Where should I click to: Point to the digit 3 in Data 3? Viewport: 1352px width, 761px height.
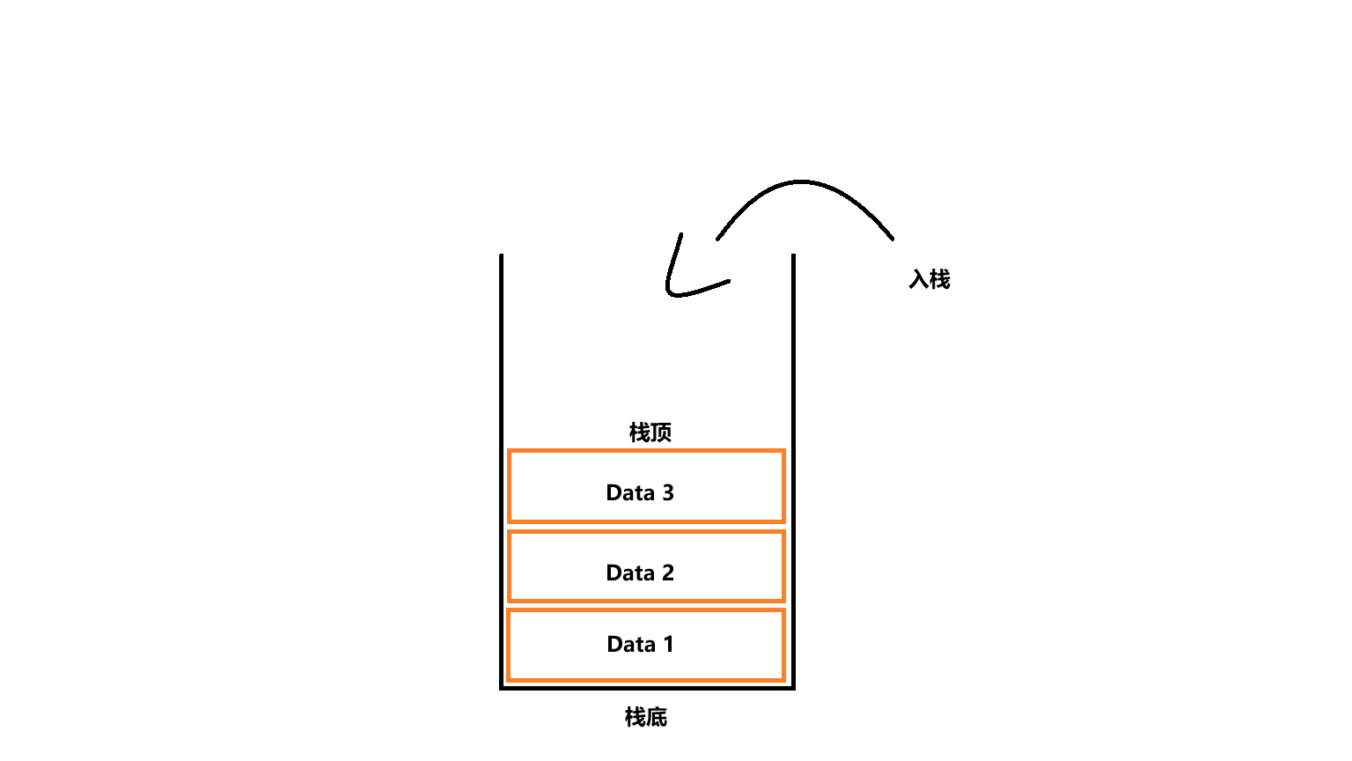tap(668, 492)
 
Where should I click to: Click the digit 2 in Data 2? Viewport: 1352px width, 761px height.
tap(668, 573)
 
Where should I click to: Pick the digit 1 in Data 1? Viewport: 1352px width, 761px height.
tap(669, 644)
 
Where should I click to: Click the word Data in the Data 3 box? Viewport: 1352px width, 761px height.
tap(630, 492)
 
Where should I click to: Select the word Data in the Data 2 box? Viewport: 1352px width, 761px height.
tap(630, 573)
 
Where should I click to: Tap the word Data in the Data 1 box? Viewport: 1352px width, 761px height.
tap(631, 644)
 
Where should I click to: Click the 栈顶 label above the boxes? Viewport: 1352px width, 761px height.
tap(650, 432)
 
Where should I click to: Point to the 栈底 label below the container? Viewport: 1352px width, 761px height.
tap(646, 717)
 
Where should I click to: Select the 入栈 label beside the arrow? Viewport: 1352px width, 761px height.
tap(929, 279)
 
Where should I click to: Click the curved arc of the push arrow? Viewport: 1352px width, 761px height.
tap(803, 182)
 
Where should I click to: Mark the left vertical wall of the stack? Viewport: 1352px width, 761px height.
tap(502, 467)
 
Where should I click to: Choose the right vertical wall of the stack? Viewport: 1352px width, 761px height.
tap(793, 467)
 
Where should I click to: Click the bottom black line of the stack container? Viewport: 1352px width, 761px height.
tap(647, 687)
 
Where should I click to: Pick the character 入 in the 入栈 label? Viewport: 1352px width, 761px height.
tap(919, 279)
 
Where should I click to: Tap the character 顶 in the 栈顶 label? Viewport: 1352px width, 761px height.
tap(661, 432)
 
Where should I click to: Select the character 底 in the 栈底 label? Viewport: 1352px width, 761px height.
tap(657, 717)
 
